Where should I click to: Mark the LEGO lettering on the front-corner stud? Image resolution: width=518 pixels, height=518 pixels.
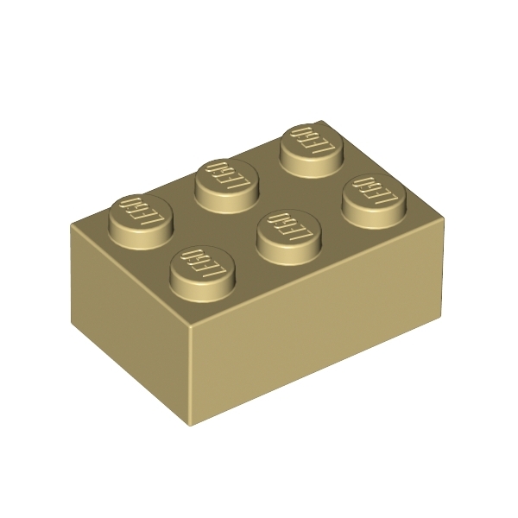pyautogui.click(x=201, y=262)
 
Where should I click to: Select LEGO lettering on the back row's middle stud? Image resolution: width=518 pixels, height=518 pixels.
pyautogui.click(x=225, y=176)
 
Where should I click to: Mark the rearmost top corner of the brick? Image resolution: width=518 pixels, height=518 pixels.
pyautogui.click(x=321, y=122)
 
